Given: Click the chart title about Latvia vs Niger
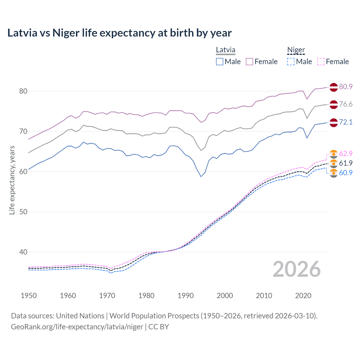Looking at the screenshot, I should (119, 33).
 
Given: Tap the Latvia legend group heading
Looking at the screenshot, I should (226, 50).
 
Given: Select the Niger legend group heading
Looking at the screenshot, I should (296, 50).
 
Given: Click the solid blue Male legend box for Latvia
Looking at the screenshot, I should (220, 62).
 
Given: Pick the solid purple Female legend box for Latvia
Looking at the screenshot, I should (249, 62).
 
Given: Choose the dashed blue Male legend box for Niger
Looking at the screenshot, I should (291, 62).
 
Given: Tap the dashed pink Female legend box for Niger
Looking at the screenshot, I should (321, 62).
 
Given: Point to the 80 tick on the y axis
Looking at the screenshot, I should (23, 91).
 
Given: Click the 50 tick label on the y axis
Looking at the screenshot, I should (23, 212).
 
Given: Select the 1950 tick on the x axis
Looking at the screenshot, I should (29, 296).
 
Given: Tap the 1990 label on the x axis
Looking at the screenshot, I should (186, 296).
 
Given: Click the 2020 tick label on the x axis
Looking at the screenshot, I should (303, 296).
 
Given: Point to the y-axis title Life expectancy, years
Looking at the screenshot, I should (12, 180).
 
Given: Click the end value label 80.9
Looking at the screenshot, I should (346, 87).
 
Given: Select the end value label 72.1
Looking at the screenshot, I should (346, 122).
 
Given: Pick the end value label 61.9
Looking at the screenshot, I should (346, 163).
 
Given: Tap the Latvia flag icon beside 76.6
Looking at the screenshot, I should (334, 104).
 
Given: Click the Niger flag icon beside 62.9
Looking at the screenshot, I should (334, 154).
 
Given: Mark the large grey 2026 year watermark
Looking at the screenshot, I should (296, 269).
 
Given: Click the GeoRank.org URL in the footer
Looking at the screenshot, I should (77, 327).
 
